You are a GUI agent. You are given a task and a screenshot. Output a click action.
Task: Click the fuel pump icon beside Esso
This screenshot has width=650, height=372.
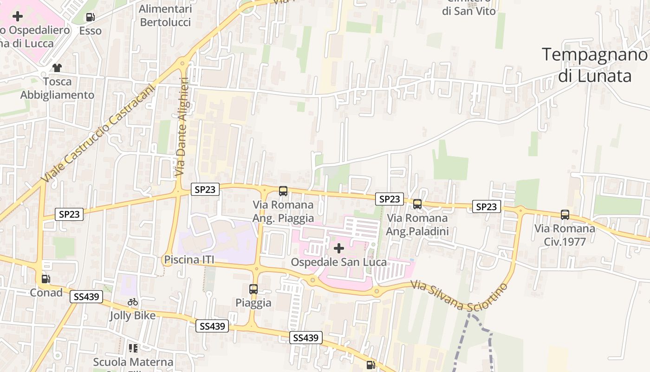(91, 18)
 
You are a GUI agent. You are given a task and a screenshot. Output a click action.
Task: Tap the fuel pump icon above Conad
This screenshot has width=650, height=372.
(46, 279)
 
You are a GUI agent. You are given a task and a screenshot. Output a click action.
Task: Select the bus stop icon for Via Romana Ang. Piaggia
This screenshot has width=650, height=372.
(283, 191)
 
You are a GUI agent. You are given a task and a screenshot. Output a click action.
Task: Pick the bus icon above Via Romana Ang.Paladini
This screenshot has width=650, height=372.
(417, 204)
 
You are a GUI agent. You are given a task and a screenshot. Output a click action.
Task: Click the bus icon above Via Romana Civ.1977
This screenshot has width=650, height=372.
(565, 215)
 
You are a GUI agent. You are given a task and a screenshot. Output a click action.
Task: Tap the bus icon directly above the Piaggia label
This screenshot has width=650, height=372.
(253, 289)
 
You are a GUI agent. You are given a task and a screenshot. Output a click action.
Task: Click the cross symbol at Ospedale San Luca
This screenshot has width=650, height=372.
(339, 248)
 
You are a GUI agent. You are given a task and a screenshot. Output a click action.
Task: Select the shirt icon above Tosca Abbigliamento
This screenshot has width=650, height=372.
(57, 68)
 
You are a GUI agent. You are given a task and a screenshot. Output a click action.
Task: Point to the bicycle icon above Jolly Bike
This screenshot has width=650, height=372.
(133, 302)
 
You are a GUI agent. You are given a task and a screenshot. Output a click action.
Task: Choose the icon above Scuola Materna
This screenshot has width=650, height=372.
(133, 348)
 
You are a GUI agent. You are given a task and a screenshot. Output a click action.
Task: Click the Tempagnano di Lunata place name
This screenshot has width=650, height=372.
(595, 65)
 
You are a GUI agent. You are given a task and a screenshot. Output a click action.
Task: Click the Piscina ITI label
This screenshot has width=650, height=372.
(189, 259)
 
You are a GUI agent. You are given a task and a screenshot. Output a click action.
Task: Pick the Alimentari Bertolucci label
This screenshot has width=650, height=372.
(165, 15)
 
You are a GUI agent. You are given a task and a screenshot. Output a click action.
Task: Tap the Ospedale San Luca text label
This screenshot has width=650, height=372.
(338, 262)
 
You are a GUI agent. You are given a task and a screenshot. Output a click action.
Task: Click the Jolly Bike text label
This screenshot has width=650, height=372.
(133, 316)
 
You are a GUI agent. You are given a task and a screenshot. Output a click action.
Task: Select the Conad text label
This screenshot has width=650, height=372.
(46, 292)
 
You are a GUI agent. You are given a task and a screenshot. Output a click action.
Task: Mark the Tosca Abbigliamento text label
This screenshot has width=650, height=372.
(57, 88)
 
